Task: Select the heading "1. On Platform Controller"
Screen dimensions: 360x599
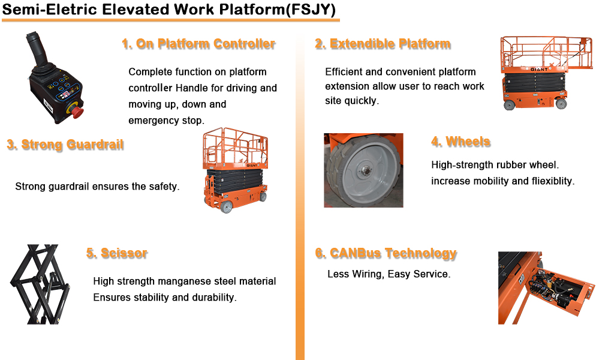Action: [198, 44]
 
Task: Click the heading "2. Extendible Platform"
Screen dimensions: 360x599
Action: [383, 44]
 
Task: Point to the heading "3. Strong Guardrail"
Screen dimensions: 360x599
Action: [65, 145]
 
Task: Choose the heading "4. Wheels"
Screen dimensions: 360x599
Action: [460, 142]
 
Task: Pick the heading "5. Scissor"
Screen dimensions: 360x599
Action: [116, 253]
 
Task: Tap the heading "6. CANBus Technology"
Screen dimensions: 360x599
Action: [386, 253]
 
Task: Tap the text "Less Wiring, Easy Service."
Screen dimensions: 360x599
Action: [389, 274]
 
